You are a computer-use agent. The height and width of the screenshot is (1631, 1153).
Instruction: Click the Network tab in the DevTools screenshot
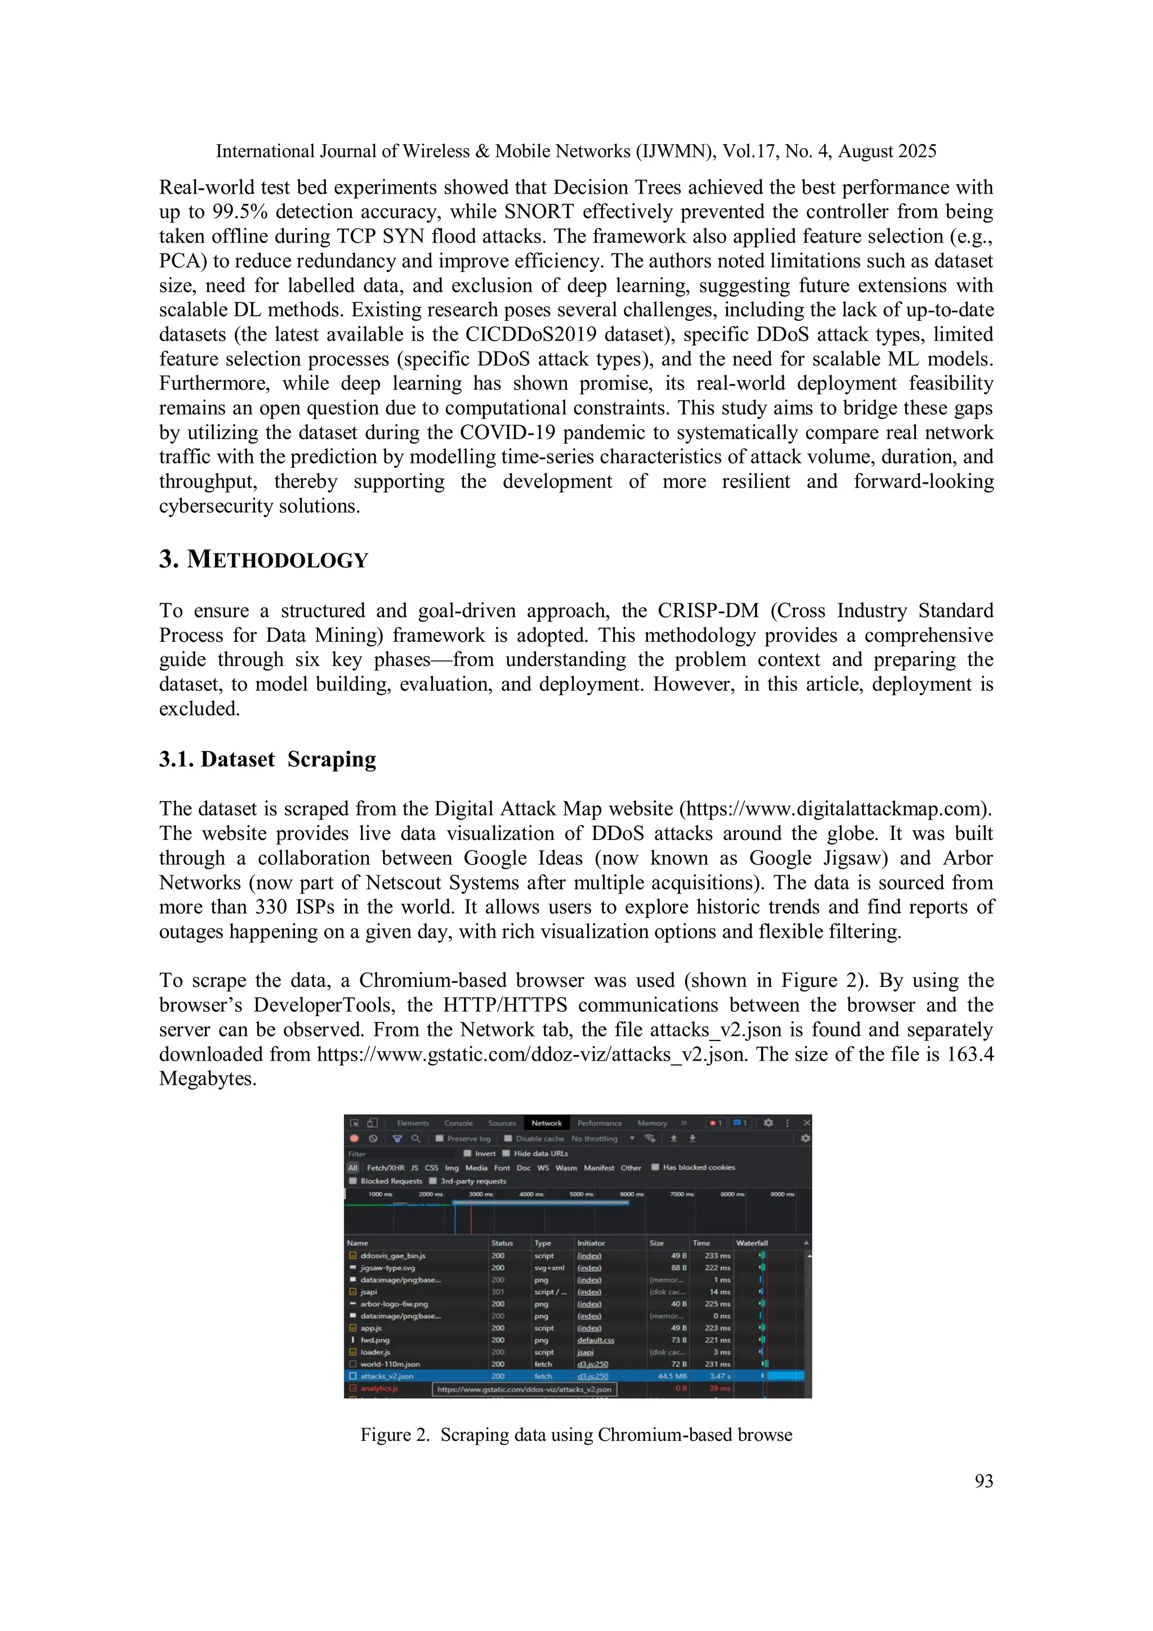pyautogui.click(x=546, y=1123)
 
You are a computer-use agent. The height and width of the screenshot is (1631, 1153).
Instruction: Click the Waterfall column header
pyautogui.click(x=752, y=1243)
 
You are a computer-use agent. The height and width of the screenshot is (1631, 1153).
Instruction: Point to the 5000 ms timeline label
pyautogui.click(x=581, y=1194)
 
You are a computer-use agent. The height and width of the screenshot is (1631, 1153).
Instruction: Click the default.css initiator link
pyautogui.click(x=595, y=1340)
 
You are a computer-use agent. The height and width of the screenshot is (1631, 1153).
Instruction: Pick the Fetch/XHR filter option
pyautogui.click(x=385, y=1167)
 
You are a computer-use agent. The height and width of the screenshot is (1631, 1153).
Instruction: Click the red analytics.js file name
pyautogui.click(x=379, y=1388)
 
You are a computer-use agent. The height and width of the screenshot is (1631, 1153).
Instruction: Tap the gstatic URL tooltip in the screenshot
pyautogui.click(x=524, y=1389)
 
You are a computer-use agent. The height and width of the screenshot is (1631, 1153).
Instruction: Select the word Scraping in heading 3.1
pyautogui.click(x=332, y=759)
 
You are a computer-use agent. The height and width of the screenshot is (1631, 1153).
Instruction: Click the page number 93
pyautogui.click(x=983, y=1481)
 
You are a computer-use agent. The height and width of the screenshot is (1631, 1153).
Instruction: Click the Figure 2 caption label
pyautogui.click(x=394, y=1434)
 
